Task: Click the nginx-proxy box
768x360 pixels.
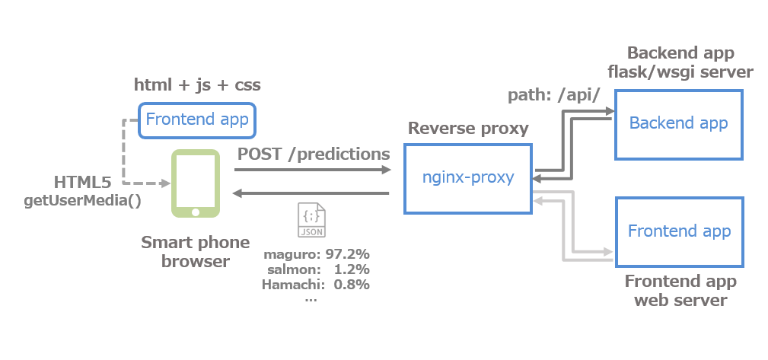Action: (x=467, y=179)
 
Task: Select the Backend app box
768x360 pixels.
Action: (x=678, y=124)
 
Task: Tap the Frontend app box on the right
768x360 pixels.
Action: (x=678, y=231)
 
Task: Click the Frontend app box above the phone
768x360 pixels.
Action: (x=196, y=120)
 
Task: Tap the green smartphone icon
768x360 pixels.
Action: (x=196, y=183)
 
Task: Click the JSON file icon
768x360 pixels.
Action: (x=311, y=221)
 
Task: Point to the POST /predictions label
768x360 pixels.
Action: (x=314, y=154)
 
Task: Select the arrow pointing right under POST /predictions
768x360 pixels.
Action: (x=312, y=170)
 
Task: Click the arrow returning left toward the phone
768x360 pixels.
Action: (x=312, y=194)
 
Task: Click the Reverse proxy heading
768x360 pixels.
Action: (x=468, y=128)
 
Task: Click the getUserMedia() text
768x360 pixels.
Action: (x=83, y=201)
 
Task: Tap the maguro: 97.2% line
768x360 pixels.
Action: (x=316, y=253)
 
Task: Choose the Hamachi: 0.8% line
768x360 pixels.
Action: (x=315, y=285)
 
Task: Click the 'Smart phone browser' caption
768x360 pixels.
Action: (x=195, y=252)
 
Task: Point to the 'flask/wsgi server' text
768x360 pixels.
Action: (x=680, y=72)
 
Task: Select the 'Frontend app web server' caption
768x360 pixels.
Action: (x=680, y=291)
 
